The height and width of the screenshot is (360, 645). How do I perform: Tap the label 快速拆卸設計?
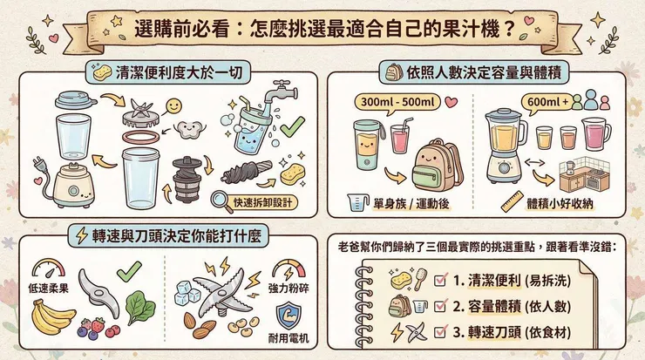tap(264, 203)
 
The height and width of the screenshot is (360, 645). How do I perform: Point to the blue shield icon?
tap(287, 316)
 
